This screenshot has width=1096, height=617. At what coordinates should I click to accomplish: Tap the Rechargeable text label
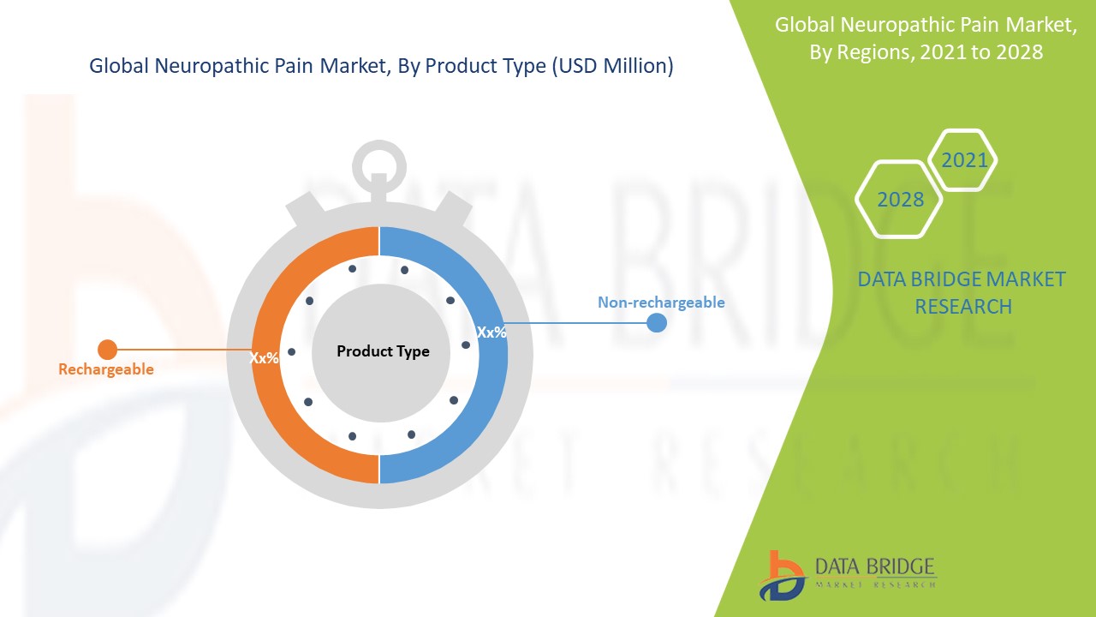point(106,369)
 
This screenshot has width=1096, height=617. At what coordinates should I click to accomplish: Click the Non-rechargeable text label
point(660,303)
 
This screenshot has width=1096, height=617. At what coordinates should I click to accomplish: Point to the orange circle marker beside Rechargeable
point(107,350)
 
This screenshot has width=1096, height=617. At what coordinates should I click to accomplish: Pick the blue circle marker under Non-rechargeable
point(657,323)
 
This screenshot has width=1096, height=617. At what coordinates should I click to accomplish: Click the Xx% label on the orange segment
point(264,358)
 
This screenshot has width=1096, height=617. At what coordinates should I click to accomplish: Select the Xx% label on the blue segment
point(491,332)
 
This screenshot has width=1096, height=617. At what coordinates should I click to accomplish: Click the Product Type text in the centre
point(383,351)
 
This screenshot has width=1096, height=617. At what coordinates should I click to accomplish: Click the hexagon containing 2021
point(963,160)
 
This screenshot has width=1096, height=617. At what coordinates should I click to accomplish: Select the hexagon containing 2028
point(899,200)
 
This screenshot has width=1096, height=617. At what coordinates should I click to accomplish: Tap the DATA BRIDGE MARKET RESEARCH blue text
point(962,292)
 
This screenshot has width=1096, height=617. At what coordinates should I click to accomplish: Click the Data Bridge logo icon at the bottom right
point(781,574)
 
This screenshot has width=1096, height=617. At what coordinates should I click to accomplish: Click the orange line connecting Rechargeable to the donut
point(180,350)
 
